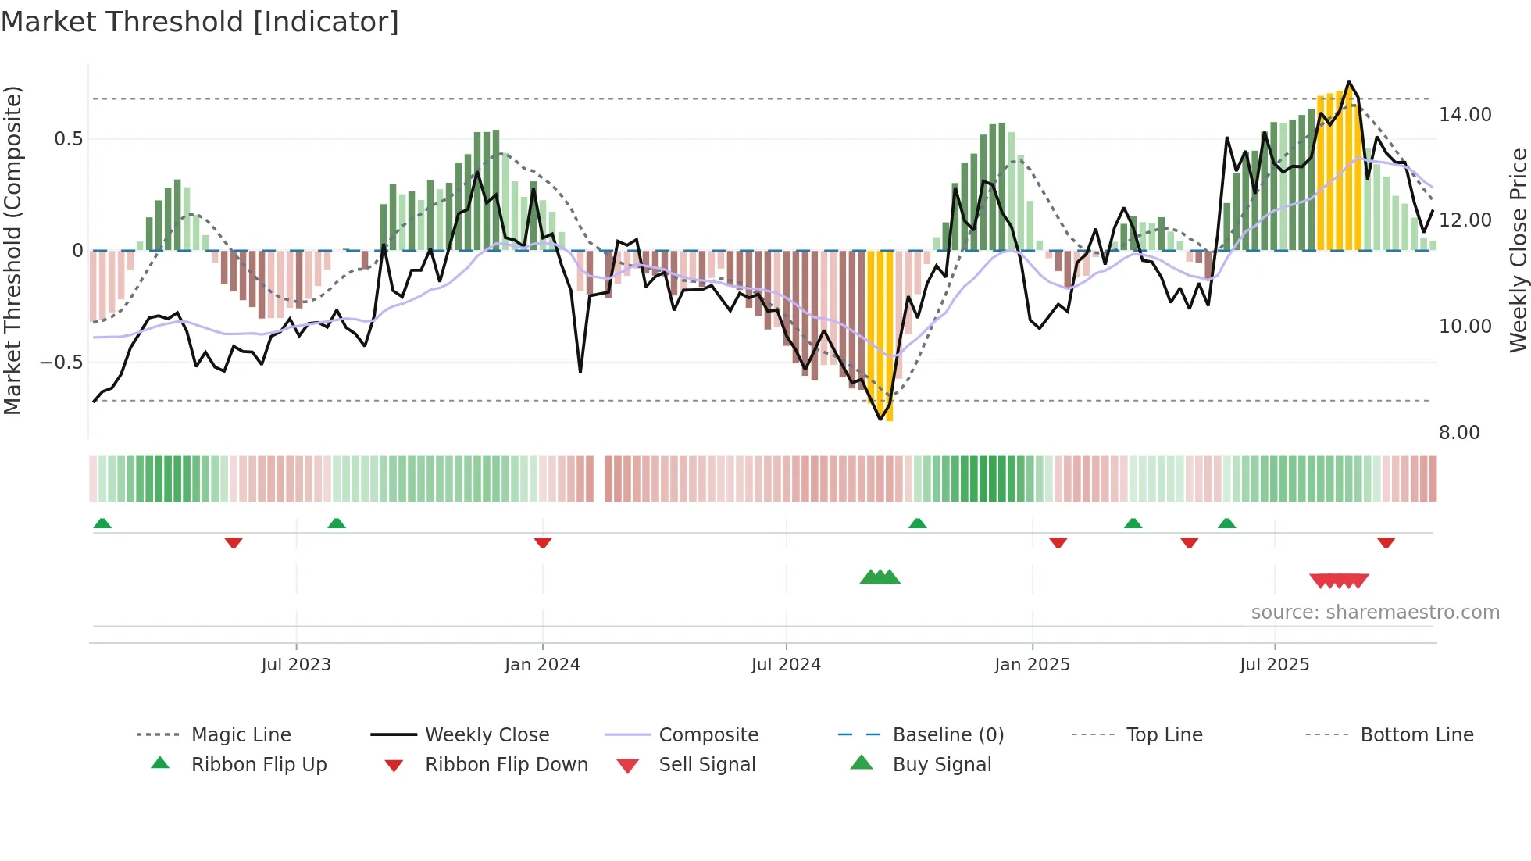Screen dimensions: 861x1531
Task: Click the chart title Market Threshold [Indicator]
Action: (x=200, y=22)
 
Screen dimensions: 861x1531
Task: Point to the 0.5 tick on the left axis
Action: (x=68, y=139)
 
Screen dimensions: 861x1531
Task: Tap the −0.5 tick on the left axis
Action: (x=61, y=363)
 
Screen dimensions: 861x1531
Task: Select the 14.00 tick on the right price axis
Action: (x=1465, y=115)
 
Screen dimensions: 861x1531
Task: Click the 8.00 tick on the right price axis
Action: (x=1459, y=433)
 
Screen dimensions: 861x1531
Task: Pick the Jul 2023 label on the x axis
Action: (x=296, y=665)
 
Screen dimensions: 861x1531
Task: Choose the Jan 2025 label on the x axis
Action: (x=1032, y=665)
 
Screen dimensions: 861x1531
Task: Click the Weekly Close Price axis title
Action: (x=1518, y=250)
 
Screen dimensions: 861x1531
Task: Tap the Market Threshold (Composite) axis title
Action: (x=12, y=250)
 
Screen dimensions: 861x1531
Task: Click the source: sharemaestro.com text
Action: (x=1375, y=613)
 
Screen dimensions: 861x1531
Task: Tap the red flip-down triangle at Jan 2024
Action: (x=543, y=542)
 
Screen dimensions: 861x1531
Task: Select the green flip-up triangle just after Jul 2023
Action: (x=337, y=523)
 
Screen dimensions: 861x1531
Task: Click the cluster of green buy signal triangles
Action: (x=880, y=577)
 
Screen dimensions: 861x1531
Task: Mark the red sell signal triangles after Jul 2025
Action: (x=1339, y=581)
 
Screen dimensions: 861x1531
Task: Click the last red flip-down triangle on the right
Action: (x=1386, y=542)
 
